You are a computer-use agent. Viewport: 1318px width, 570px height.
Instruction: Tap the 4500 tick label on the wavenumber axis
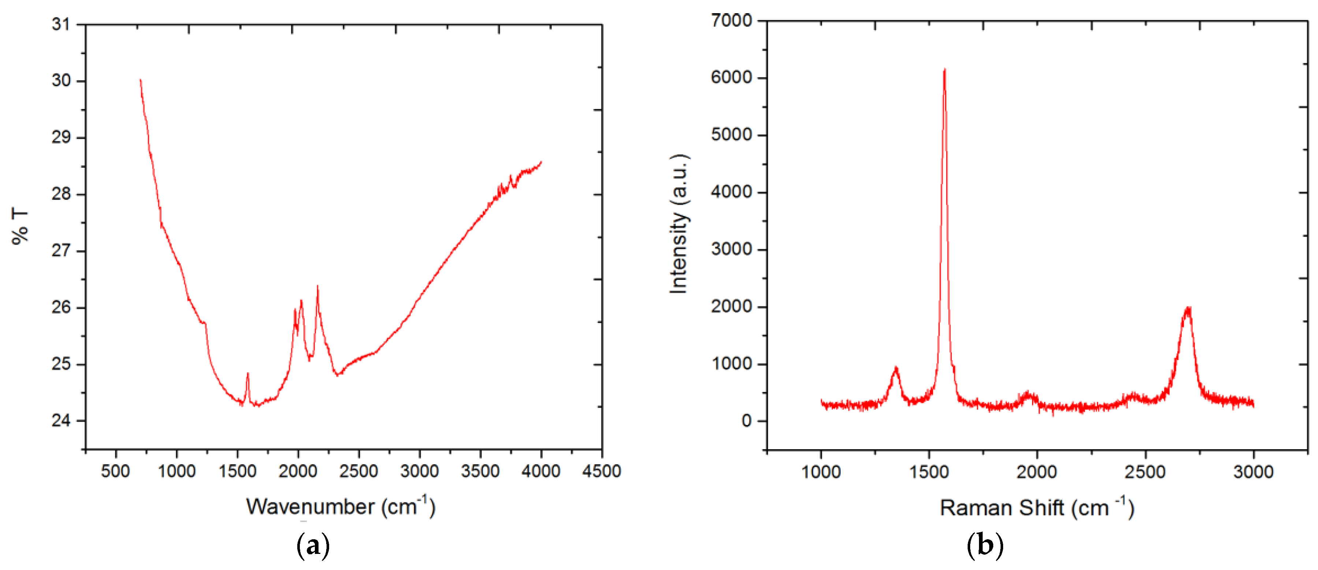(x=602, y=471)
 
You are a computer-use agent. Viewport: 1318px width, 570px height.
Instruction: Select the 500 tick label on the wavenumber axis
(x=116, y=471)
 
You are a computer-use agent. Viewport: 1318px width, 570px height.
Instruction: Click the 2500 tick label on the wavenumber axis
(x=359, y=471)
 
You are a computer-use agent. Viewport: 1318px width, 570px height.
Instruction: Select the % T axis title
(x=21, y=226)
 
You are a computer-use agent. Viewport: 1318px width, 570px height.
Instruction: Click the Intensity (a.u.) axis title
(x=680, y=224)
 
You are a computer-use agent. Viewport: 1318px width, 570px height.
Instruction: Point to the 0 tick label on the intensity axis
(x=747, y=421)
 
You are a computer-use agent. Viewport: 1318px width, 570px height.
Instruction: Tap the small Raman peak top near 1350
(x=896, y=368)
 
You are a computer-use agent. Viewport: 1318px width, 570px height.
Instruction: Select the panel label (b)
(x=985, y=545)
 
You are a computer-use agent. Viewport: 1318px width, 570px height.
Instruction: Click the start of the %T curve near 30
(x=140, y=80)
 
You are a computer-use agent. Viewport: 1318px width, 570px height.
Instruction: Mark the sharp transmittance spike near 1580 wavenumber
(x=248, y=373)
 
